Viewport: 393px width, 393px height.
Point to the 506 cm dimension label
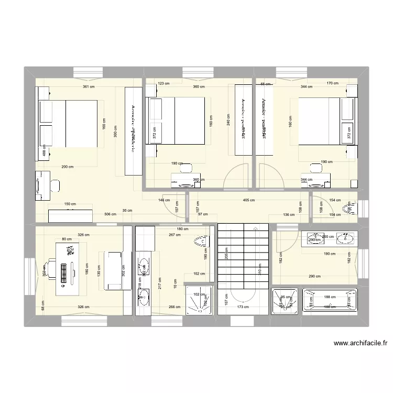pyautogui.click(x=111, y=214)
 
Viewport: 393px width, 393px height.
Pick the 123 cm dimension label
pyautogui.click(x=164, y=83)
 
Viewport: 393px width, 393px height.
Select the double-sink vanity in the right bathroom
pyautogui.click(x=329, y=238)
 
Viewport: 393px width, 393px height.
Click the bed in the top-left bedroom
pyautogui.click(x=68, y=124)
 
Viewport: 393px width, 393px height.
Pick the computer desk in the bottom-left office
pyautogui.click(x=65, y=266)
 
